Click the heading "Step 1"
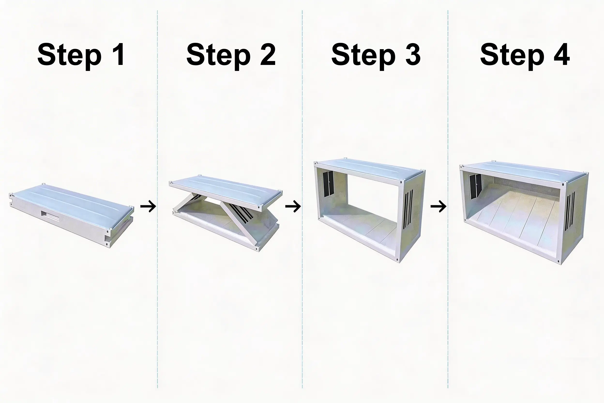(81, 55)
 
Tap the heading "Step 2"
(231, 55)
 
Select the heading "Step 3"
(376, 55)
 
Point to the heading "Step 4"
(525, 55)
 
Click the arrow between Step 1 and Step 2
(148, 206)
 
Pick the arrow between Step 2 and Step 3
(293, 206)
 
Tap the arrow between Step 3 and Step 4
(438, 206)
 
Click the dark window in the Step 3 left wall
(328, 184)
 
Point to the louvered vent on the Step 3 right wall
(408, 209)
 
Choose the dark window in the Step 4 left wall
(475, 186)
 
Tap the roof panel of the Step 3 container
(370, 172)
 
